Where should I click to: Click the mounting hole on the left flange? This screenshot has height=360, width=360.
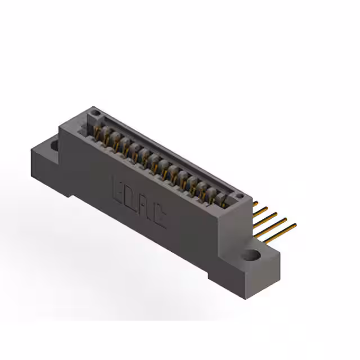pos(55,146)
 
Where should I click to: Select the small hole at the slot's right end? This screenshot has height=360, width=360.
pos(240,197)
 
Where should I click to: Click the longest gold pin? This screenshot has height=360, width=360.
pos(281,231)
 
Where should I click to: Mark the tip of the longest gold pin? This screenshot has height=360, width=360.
pos(295,225)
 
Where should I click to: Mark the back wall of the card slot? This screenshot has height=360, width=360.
pos(169,152)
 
